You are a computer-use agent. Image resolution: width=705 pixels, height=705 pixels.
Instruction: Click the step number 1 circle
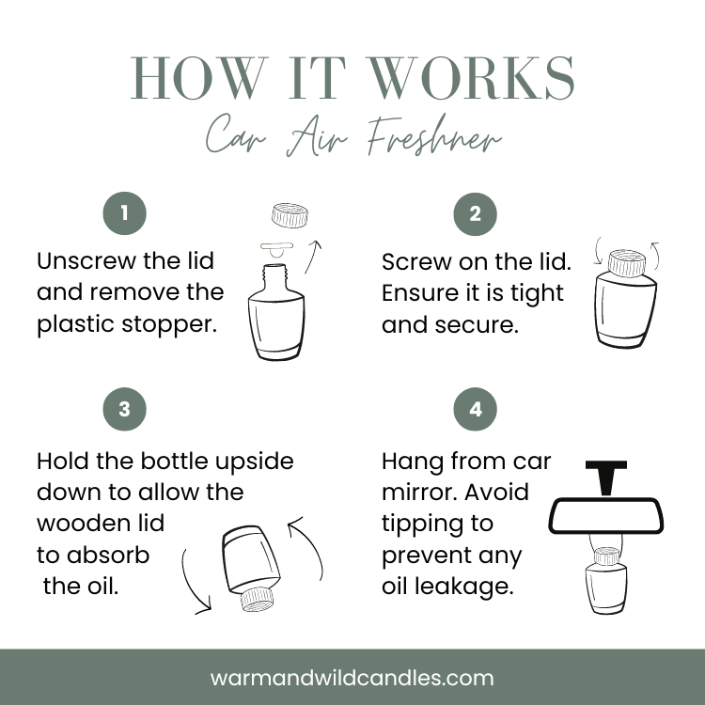pyautogui.click(x=124, y=213)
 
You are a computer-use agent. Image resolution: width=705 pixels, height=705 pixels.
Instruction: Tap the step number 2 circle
pyautogui.click(x=476, y=214)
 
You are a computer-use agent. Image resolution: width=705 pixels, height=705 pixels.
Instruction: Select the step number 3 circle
pyautogui.click(x=124, y=409)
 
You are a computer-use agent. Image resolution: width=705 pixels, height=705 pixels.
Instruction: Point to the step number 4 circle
pyautogui.click(x=476, y=409)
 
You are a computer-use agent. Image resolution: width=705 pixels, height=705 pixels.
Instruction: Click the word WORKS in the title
pyautogui.click(x=470, y=78)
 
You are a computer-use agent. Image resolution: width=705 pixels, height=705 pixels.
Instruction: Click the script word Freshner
pyautogui.click(x=434, y=135)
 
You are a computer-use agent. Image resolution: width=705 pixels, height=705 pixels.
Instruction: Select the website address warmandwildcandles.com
pyautogui.click(x=352, y=678)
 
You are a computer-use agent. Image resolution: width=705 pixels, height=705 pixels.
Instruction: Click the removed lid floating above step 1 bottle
pyautogui.click(x=290, y=215)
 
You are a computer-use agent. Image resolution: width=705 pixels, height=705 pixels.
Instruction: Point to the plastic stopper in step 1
pyautogui.click(x=276, y=249)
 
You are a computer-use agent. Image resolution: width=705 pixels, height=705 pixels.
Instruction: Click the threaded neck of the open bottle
pyautogui.click(x=274, y=274)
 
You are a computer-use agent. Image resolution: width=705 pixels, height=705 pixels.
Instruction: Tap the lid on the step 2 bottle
pyautogui.click(x=626, y=262)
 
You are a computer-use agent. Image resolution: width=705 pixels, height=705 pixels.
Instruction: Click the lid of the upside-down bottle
pyautogui.click(x=258, y=600)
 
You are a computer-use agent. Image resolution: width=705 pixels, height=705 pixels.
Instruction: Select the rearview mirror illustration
pyautogui.click(x=606, y=515)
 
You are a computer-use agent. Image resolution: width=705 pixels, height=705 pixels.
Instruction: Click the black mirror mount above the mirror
pyautogui.click(x=606, y=478)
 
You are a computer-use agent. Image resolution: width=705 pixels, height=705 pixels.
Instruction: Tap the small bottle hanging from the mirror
pyautogui.click(x=606, y=581)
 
